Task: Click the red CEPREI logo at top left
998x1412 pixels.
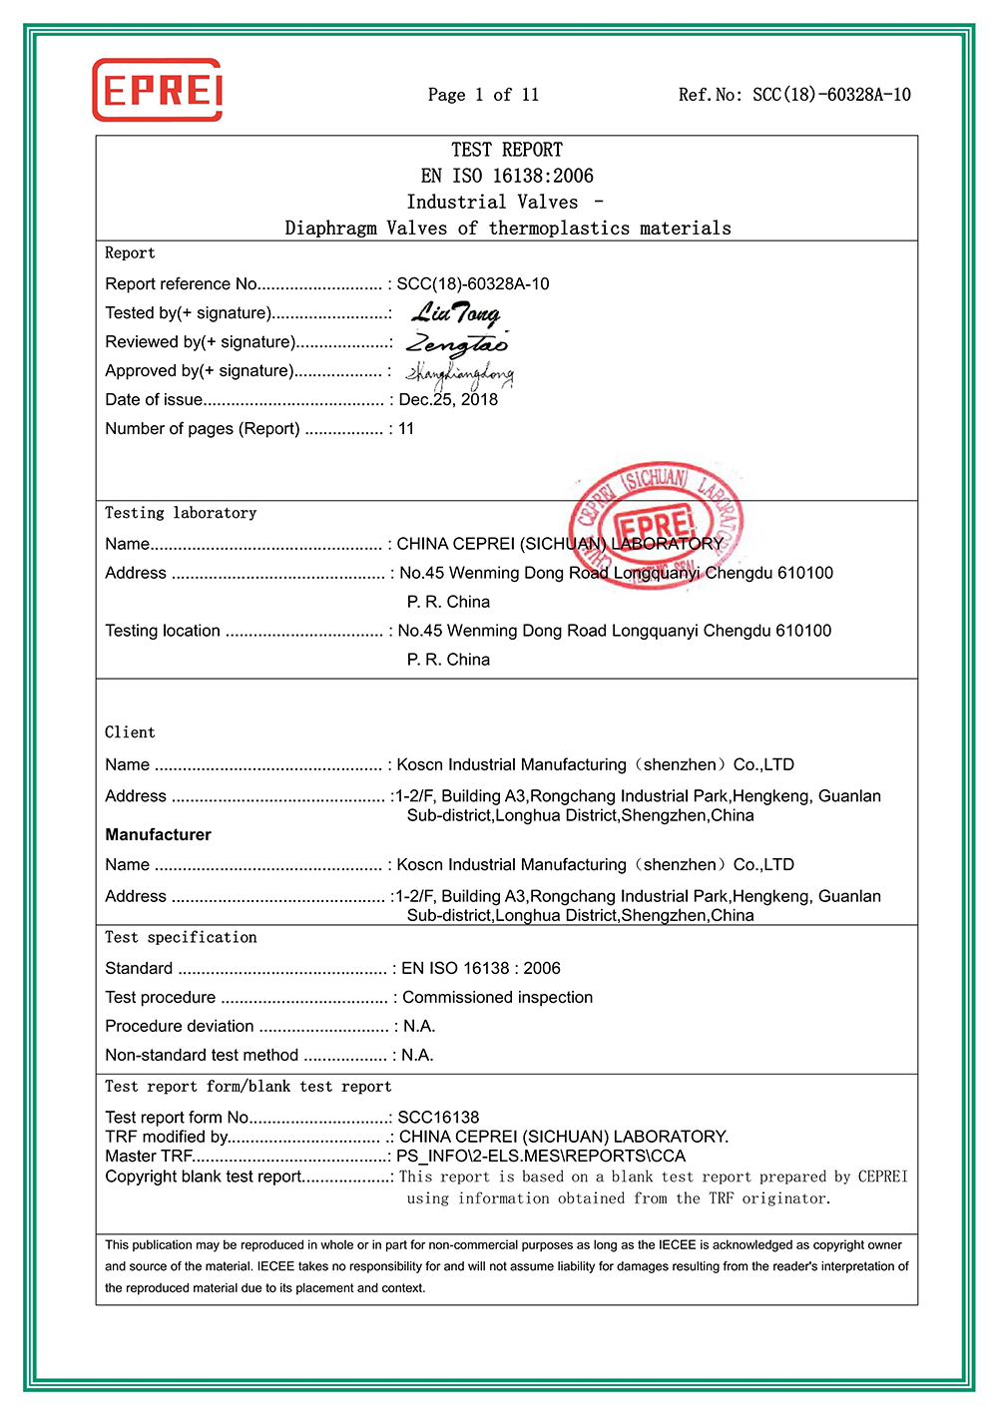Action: [x=157, y=90]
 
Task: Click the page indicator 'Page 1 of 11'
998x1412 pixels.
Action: [x=483, y=95]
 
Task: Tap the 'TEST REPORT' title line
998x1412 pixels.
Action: [x=507, y=150]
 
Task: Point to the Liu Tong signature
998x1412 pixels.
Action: [x=456, y=314]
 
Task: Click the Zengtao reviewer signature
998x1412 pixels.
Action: [x=457, y=344]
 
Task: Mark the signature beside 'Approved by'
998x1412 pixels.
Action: [x=459, y=374]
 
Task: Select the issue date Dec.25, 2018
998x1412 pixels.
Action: [x=448, y=400]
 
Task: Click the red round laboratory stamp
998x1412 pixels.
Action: [x=656, y=525]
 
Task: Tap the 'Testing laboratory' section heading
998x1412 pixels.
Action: [x=181, y=513]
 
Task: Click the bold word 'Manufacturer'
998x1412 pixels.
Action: [x=158, y=834]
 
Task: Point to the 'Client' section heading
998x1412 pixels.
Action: [x=130, y=732]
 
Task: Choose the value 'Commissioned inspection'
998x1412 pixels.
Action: [x=497, y=997]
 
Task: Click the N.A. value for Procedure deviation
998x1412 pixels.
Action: [x=418, y=1026]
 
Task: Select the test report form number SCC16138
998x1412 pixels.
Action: [x=438, y=1117]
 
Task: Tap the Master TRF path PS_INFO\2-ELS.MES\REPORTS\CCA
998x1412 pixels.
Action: [x=541, y=1156]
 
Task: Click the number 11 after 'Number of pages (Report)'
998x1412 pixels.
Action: [x=406, y=429]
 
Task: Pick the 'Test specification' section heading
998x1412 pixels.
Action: [x=181, y=937]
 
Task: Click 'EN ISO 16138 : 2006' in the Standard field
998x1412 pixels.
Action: [x=480, y=968]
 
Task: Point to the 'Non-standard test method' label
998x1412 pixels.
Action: [x=202, y=1055]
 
